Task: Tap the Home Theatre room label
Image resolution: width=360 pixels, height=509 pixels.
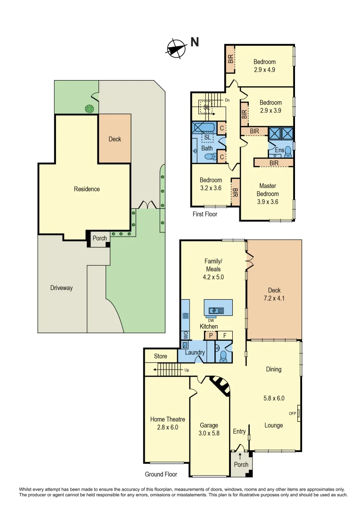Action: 167,423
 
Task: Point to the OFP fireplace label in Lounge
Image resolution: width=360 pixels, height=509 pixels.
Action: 292,413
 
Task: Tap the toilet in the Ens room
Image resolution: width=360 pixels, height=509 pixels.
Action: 288,151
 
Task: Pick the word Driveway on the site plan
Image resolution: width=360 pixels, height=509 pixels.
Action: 62,287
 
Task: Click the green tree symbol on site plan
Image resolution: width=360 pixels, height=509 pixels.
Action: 89,109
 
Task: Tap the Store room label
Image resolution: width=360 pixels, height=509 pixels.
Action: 161,356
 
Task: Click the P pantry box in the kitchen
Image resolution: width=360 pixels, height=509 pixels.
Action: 209,336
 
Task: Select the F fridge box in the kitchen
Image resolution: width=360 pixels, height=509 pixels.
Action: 225,336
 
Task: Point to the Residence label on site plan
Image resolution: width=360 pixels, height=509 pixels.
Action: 87,189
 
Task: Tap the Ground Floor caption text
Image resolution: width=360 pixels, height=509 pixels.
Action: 161,474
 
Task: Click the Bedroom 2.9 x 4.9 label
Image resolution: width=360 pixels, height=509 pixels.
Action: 264,66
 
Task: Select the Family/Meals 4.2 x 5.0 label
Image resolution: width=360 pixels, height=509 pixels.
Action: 213,269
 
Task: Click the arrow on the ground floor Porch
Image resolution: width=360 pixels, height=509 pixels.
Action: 240,456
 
